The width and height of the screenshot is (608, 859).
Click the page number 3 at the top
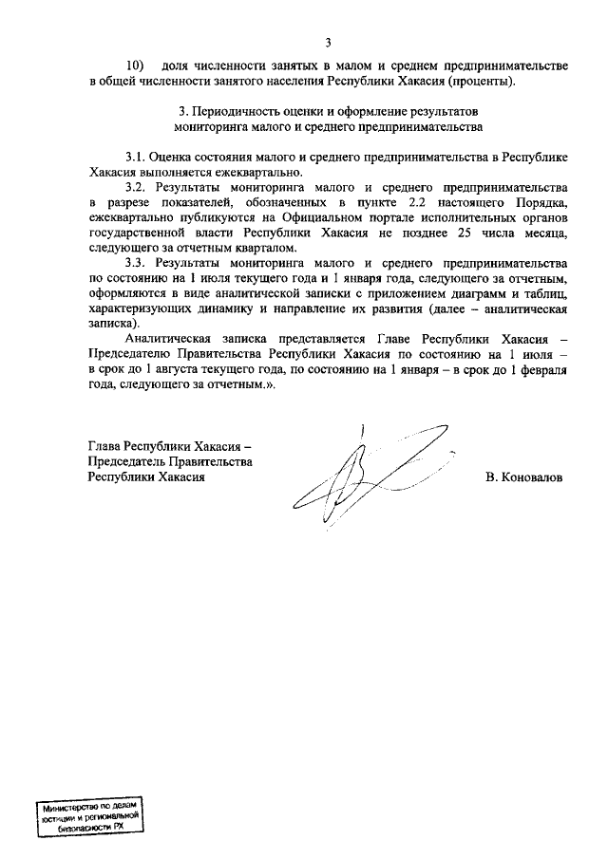tap(328, 42)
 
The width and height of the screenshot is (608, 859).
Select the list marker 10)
tap(136, 65)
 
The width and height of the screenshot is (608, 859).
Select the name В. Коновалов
tap(523, 477)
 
